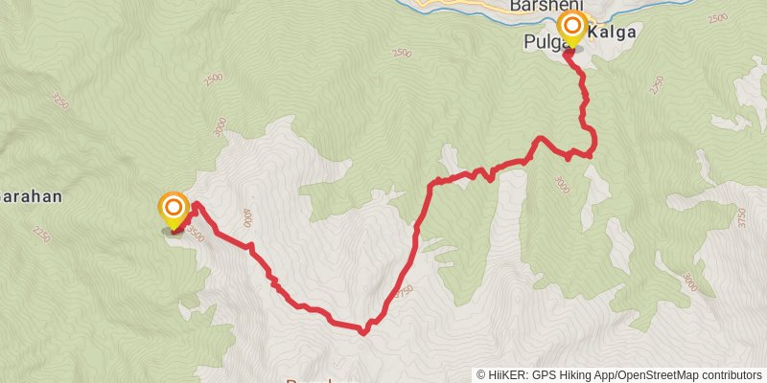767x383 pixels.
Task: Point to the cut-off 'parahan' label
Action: point(32,198)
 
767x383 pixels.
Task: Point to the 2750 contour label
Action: point(657,85)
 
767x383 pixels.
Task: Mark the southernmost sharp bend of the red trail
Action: point(363,332)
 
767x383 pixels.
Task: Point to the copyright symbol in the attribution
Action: point(481,375)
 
